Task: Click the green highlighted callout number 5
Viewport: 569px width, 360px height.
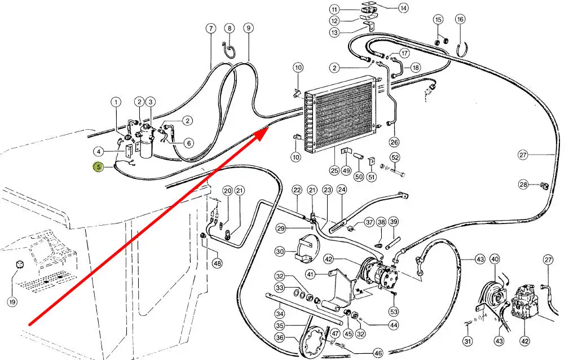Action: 98,167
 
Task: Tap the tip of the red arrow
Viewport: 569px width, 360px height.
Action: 267,129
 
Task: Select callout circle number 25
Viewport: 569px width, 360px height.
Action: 334,170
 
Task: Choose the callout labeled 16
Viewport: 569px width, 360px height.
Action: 460,20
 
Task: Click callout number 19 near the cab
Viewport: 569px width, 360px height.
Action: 12,301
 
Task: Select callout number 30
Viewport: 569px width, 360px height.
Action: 280,252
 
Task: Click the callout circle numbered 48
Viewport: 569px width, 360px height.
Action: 217,263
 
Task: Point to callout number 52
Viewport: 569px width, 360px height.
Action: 395,157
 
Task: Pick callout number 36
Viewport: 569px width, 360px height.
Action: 280,337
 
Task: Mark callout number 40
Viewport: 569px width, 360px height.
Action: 495,260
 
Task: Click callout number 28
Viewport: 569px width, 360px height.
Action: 524,185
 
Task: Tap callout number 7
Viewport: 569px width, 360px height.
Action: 211,28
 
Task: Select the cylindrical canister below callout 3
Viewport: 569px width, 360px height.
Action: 148,148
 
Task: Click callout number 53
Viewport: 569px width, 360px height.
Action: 394,311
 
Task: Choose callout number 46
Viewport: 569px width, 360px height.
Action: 377,353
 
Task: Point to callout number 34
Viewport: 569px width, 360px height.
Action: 280,313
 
